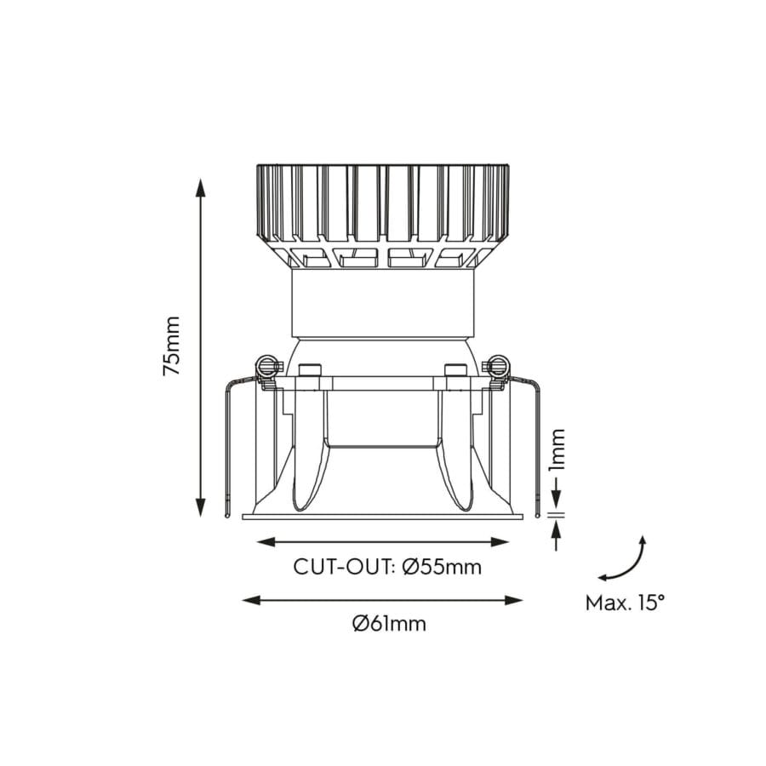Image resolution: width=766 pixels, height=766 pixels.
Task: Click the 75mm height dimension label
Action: click(173, 346)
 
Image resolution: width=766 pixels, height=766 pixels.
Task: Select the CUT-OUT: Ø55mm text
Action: click(387, 567)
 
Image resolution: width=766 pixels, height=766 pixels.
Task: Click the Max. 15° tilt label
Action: click(625, 603)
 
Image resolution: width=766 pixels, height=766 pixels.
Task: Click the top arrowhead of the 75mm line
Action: click(201, 186)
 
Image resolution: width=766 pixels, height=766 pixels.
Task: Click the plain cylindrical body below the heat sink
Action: click(383, 302)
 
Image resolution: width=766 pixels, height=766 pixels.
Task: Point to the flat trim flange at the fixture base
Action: click(383, 516)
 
